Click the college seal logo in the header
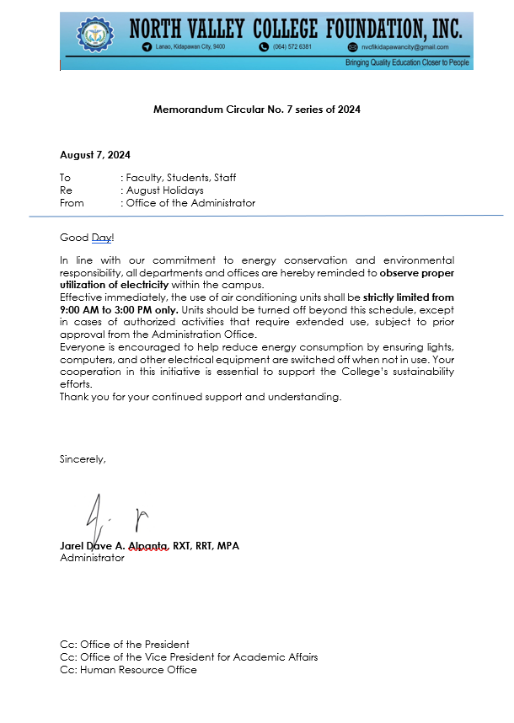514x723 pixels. (94, 35)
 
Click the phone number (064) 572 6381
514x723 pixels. (292, 47)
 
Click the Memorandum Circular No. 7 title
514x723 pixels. (257, 110)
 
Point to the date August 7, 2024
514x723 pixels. (95, 155)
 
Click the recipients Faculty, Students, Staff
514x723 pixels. (180, 178)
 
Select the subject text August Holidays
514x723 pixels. (164, 190)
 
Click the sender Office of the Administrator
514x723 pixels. (190, 203)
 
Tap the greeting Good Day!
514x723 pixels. (86, 238)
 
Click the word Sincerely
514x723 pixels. (83, 459)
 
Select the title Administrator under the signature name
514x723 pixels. (92, 558)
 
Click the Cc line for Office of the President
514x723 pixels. (125, 645)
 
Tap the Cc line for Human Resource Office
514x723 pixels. (128, 670)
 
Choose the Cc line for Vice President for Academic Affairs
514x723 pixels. (189, 657)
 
